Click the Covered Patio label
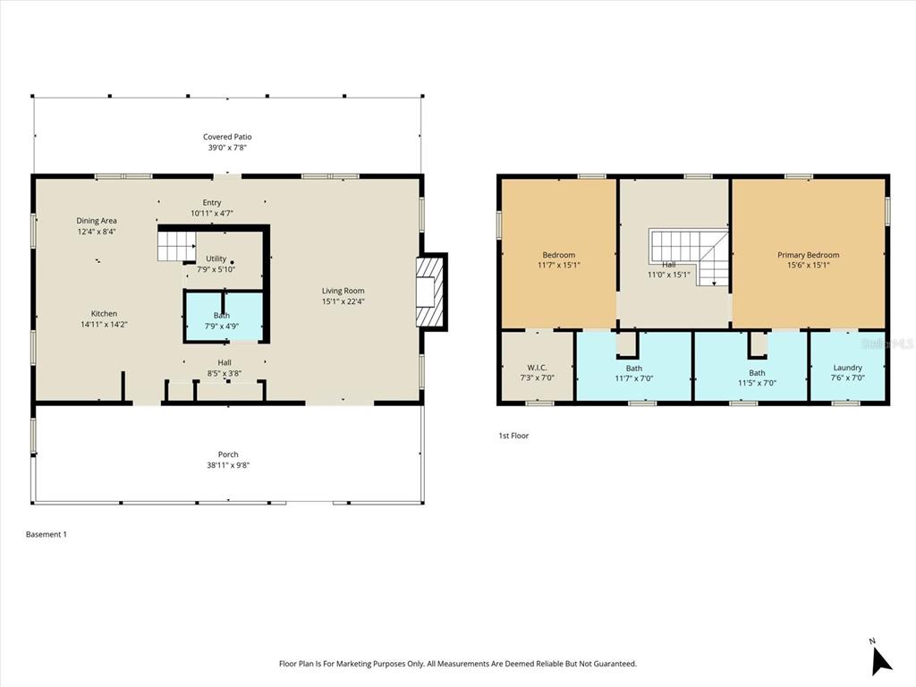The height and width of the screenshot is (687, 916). pyautogui.click(x=227, y=137)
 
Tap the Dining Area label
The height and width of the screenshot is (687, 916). pyautogui.click(x=97, y=221)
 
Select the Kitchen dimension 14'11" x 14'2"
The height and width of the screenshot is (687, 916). pyautogui.click(x=104, y=325)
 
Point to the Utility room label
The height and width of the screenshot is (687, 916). pyautogui.click(x=216, y=259)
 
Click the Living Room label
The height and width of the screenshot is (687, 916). pyautogui.click(x=343, y=291)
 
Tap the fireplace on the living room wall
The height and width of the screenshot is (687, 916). pyautogui.click(x=432, y=291)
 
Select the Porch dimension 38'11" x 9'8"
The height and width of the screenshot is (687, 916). pyautogui.click(x=227, y=465)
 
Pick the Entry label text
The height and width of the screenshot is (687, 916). pyautogui.click(x=212, y=203)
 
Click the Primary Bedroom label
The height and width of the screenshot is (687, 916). pyautogui.click(x=808, y=255)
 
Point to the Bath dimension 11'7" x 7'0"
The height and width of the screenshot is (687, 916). pyautogui.click(x=633, y=379)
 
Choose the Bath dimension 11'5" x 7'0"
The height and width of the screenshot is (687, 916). pyautogui.click(x=757, y=384)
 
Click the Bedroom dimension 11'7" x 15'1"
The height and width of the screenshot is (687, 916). pyautogui.click(x=558, y=266)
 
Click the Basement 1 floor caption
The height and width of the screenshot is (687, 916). pyautogui.click(x=47, y=534)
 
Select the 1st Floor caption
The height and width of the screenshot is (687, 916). pyautogui.click(x=513, y=436)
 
